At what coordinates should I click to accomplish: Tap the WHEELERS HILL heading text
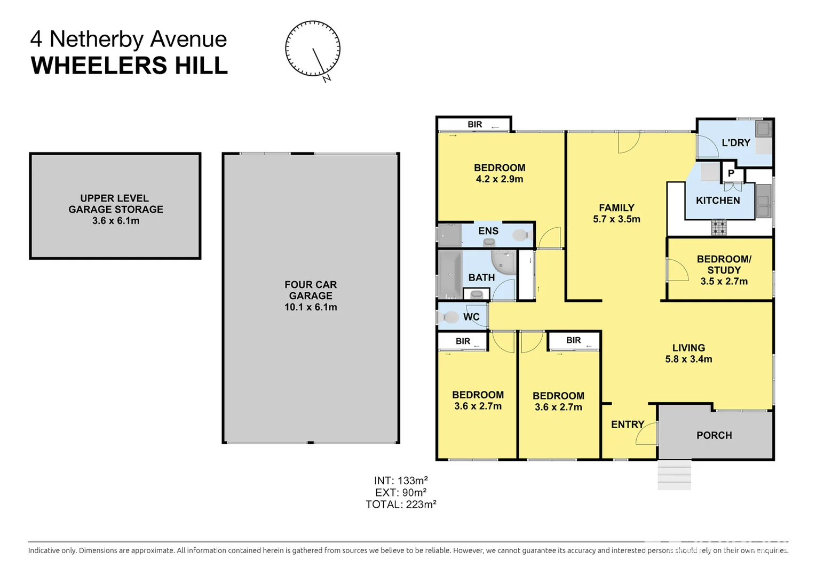(x=129, y=66)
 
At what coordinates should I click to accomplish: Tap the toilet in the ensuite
(x=520, y=235)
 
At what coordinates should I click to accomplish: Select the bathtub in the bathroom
(x=450, y=275)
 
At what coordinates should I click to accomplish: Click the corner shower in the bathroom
(x=503, y=261)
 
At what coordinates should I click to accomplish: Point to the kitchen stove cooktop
(x=719, y=228)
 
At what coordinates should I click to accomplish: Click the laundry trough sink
(x=763, y=129)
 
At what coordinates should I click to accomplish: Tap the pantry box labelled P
(x=731, y=173)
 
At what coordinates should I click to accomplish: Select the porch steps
(x=675, y=475)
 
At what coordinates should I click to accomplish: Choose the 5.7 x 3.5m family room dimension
(x=616, y=219)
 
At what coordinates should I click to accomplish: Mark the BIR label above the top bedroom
(x=474, y=124)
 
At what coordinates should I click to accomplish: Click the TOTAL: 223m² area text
(x=401, y=505)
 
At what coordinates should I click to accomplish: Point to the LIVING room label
(x=688, y=348)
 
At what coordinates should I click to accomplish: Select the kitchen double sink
(x=763, y=201)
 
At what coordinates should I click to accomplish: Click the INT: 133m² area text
(x=401, y=481)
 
